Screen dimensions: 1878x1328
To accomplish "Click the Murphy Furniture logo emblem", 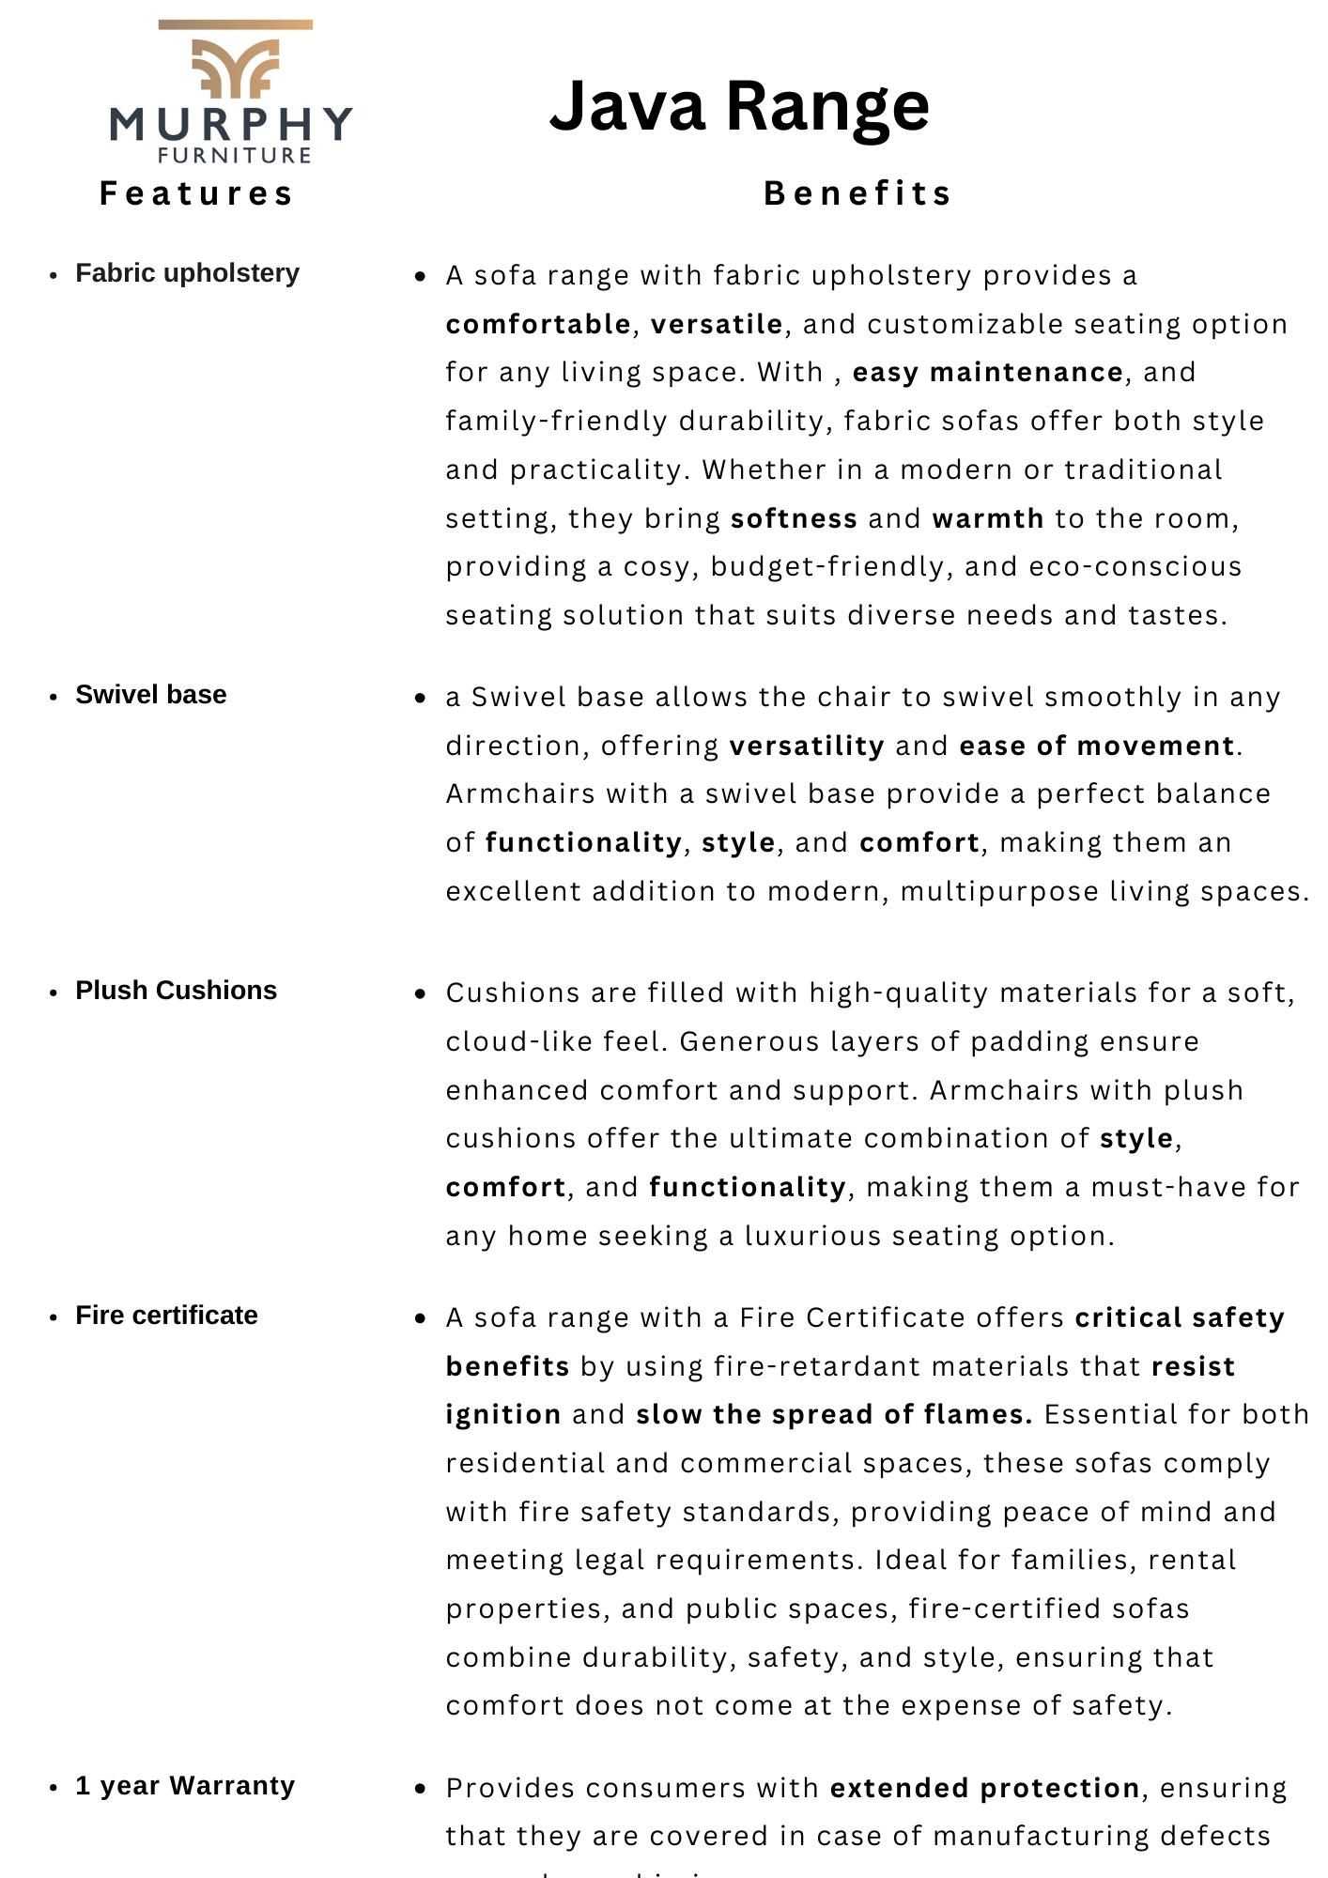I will click(235, 66).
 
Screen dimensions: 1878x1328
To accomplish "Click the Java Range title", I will click(739, 106).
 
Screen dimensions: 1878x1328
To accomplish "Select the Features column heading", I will click(197, 193).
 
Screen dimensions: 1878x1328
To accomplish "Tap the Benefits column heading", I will click(858, 193).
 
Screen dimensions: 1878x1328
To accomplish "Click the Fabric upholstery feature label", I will click(187, 273).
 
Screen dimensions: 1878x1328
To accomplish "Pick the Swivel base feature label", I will click(151, 695).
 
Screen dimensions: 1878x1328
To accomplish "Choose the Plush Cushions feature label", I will click(176, 991).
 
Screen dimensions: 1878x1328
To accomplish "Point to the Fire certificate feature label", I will click(166, 1316).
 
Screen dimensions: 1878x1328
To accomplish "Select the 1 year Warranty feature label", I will click(185, 1786).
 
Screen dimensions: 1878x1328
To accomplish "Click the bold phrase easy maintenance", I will click(987, 373).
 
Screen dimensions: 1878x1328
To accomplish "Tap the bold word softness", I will click(794, 518).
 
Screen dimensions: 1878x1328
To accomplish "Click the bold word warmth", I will click(988, 518).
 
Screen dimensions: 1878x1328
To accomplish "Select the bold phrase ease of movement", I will click(1097, 746).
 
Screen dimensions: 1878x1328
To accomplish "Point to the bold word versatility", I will click(807, 746).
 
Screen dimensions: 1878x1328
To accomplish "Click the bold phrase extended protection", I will click(985, 1788).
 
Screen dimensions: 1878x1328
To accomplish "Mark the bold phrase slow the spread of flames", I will click(834, 1414).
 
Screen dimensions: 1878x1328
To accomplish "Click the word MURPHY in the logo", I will click(231, 124).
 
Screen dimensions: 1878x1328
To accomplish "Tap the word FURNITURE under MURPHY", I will click(235, 156).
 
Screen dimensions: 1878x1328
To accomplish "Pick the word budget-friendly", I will click(827, 567).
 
